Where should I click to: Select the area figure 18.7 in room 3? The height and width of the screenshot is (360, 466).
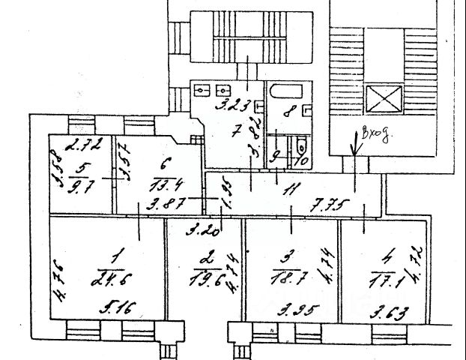point(290,278)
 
